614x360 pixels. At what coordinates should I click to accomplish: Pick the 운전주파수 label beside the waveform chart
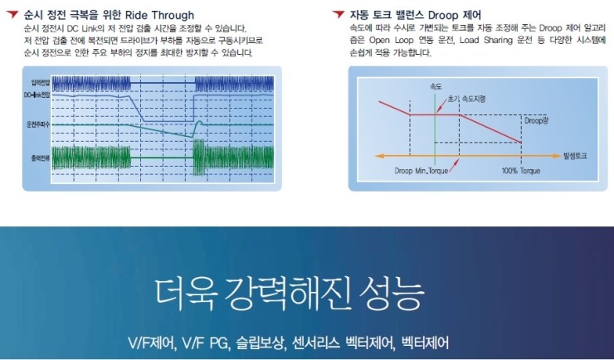pos(40,124)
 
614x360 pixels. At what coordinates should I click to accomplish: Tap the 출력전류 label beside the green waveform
pos(40,155)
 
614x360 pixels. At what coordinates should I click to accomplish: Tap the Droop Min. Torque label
pos(422,171)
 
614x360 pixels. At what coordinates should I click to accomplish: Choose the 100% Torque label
pos(521,171)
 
